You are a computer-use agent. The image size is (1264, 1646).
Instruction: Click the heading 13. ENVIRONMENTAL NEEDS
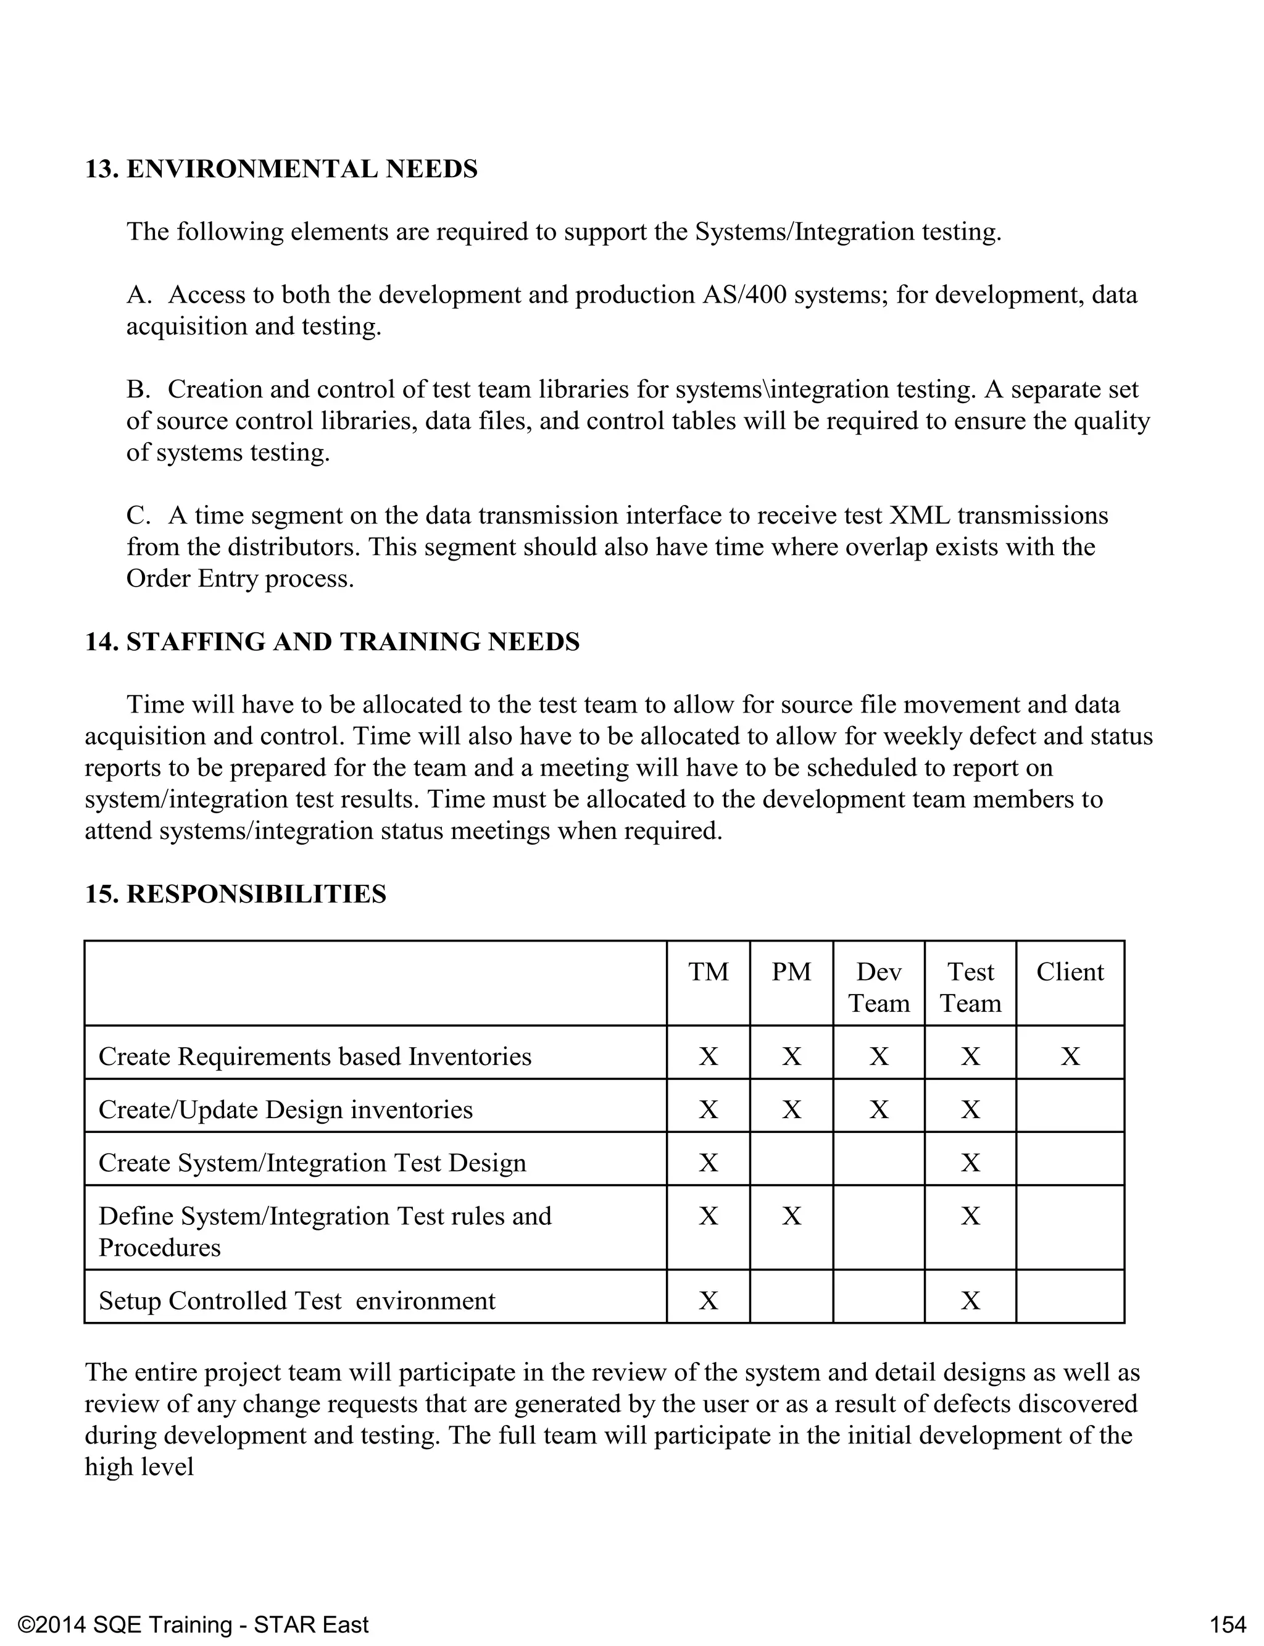[281, 169]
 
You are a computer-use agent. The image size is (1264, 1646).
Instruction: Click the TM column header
[708, 972]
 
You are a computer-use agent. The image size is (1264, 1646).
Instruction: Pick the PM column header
[791, 972]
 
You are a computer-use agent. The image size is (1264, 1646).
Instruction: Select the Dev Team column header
[879, 987]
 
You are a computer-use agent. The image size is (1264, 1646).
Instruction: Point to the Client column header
[1070, 972]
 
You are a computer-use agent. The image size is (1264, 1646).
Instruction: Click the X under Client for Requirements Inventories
[1070, 1057]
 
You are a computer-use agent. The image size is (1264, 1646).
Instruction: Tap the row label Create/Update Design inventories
[286, 1109]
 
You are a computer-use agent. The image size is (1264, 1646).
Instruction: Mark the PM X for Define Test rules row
[791, 1216]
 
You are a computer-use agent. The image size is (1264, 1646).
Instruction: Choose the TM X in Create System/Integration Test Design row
[708, 1163]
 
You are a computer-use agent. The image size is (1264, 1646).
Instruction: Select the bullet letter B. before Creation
[139, 389]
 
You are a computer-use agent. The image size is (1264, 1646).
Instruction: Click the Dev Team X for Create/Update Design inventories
[879, 1109]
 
